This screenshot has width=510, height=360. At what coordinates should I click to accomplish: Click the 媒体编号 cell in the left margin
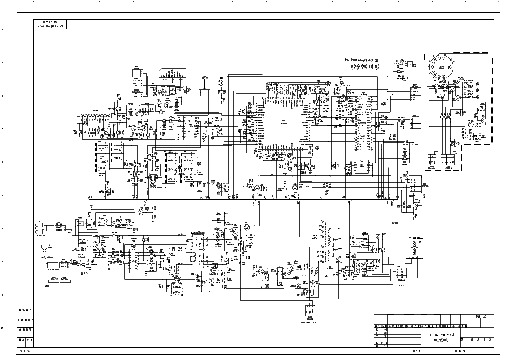(x=26, y=309)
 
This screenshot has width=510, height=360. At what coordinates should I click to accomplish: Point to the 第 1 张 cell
(x=469, y=340)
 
